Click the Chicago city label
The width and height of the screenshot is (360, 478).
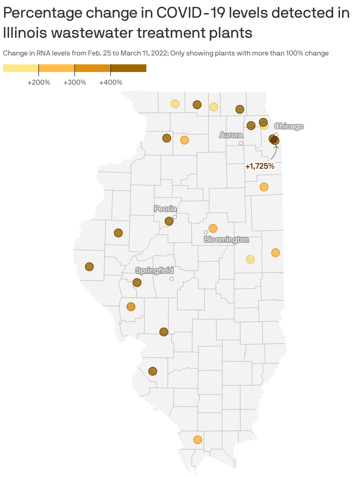click(289, 126)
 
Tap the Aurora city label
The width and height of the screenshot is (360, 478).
click(231, 135)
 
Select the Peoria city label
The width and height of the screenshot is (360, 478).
click(166, 209)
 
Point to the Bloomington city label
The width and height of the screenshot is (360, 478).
click(226, 240)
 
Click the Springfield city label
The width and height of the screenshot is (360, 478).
click(154, 270)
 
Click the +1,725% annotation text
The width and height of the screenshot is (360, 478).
click(260, 166)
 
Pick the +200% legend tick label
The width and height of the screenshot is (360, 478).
click(39, 82)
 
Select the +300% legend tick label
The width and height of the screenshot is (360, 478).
click(75, 82)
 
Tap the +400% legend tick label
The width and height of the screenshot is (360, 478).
click(111, 82)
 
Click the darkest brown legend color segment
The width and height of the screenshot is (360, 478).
click(128, 68)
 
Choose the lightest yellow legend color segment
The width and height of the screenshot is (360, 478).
click(21, 68)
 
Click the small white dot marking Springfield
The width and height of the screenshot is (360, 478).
click(171, 279)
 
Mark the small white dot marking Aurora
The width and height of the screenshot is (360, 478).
click(241, 143)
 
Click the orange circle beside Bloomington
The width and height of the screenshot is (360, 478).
click(213, 228)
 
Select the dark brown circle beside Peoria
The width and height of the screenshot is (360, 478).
click(169, 221)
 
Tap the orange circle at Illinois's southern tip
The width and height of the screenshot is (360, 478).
click(198, 440)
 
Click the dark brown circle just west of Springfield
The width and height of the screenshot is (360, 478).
click(137, 283)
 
